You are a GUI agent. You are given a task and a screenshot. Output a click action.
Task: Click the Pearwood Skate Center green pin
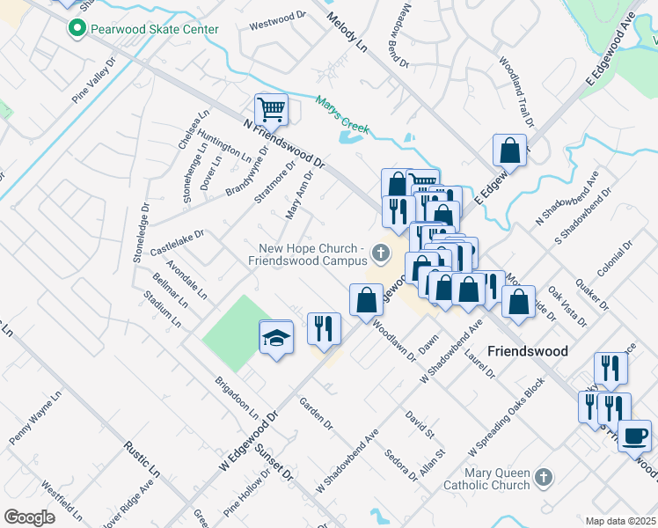[x=77, y=29]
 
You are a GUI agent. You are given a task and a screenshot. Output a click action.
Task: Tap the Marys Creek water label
[x=343, y=117]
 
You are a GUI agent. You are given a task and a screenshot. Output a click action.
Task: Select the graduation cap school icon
[x=275, y=339]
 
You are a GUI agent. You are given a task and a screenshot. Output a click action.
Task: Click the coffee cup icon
[x=633, y=435]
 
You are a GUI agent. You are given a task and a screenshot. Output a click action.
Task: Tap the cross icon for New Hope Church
[x=381, y=254]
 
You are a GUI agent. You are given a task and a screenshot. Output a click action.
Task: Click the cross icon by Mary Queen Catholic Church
[x=544, y=477]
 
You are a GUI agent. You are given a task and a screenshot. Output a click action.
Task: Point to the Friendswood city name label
[x=528, y=350]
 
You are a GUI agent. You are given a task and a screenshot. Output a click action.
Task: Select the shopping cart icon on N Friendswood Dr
[x=272, y=110]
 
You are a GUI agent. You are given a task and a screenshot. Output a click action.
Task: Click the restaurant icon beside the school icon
[x=324, y=328]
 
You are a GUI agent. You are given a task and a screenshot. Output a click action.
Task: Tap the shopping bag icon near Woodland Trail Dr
[x=509, y=150]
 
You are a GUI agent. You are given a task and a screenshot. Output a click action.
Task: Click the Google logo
[x=29, y=517]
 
